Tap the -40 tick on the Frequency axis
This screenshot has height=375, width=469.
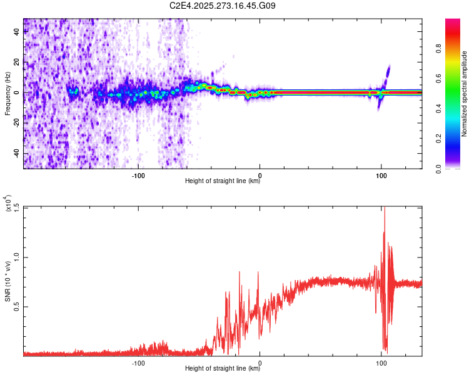pos(16,153)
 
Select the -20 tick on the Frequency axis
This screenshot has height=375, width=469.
pos(16,123)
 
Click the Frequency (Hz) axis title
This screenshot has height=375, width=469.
pos(8,94)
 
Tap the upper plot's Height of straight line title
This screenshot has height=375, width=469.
pos(223,181)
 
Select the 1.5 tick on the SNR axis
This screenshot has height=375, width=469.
pos(16,207)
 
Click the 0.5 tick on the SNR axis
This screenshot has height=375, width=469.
pos(16,306)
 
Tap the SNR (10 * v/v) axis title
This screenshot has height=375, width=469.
pos(8,281)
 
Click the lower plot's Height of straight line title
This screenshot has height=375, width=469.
pos(223,369)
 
